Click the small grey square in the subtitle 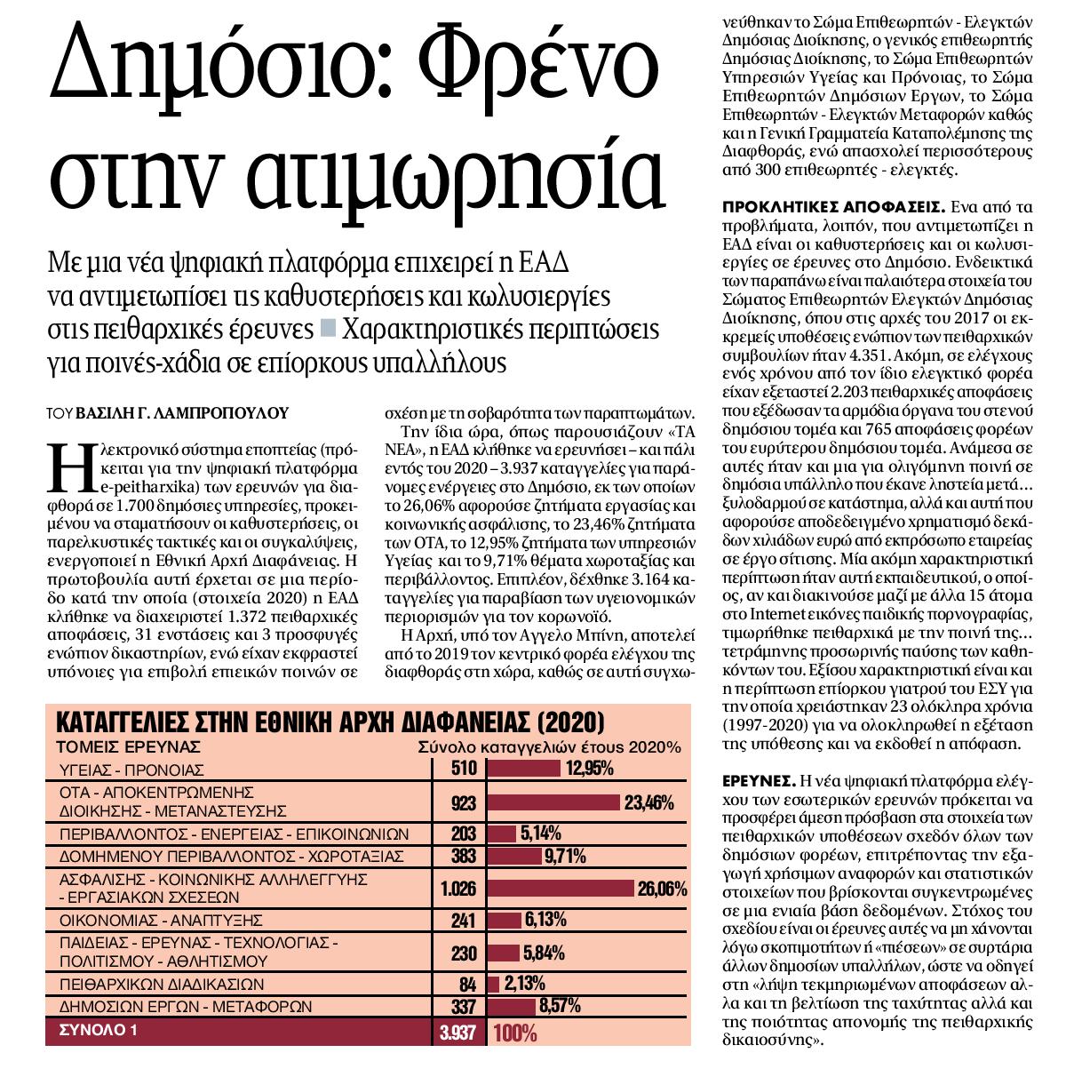[x=327, y=328]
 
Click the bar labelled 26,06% [x=560, y=889]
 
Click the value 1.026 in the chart [x=458, y=889]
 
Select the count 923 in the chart [x=464, y=803]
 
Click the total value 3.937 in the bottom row [x=458, y=1033]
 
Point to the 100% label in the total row [x=515, y=1033]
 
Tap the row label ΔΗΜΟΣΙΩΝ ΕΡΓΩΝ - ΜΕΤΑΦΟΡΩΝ [x=185, y=1007]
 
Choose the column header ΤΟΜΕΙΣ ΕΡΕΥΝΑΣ [x=129, y=746]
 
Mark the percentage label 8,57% [x=561, y=1007]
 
